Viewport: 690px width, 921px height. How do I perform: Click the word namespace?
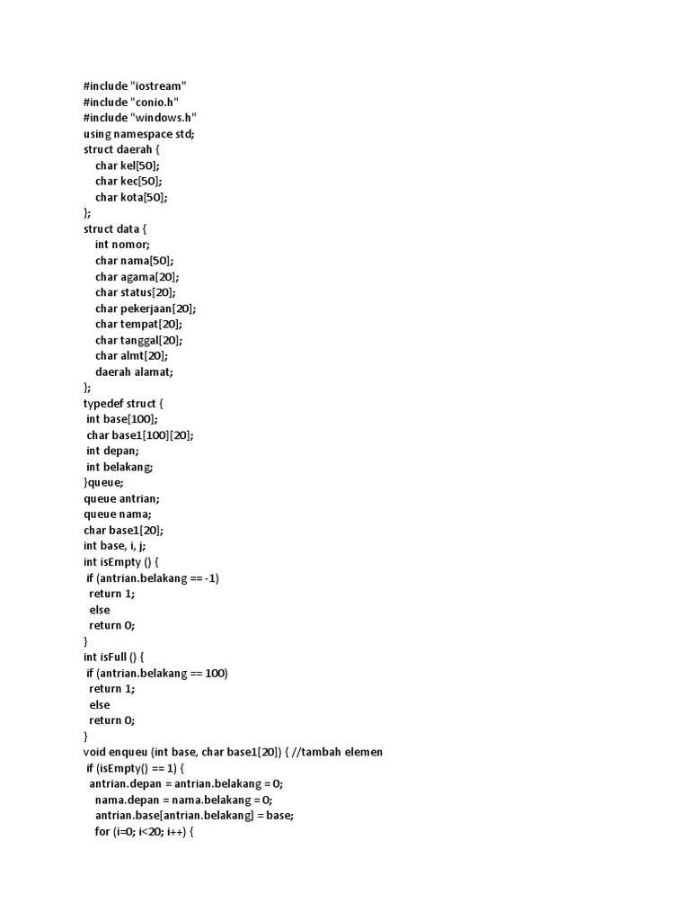tap(147, 133)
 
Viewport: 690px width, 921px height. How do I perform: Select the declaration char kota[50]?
tap(131, 197)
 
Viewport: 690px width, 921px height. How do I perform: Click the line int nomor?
tap(122, 245)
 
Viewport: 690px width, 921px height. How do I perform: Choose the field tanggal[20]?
tap(151, 340)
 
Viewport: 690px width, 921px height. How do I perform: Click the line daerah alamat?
tap(134, 371)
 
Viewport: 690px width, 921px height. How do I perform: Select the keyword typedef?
tap(103, 403)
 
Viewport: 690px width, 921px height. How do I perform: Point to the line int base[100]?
tap(122, 419)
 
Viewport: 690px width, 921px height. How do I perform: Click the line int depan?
tap(112, 451)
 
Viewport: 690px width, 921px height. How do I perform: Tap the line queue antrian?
tap(121, 498)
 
